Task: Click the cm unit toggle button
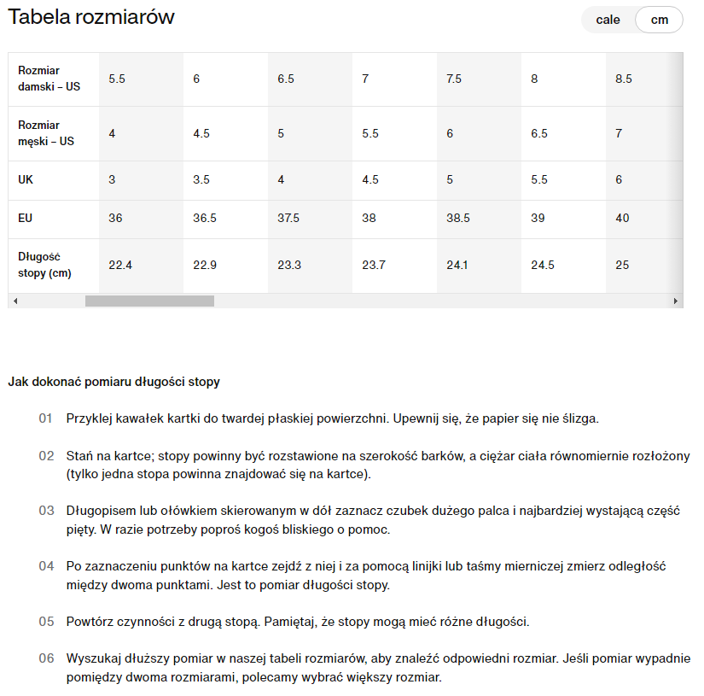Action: tap(659, 20)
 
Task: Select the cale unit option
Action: tap(608, 20)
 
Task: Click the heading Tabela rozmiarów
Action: tap(91, 16)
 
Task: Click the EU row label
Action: tap(26, 218)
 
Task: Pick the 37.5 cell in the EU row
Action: tap(288, 218)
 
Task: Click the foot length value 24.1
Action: tap(458, 265)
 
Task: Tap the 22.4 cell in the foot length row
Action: tap(120, 265)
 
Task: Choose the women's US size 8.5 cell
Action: tap(624, 79)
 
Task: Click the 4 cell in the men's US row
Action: tap(112, 133)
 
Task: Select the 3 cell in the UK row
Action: tap(112, 179)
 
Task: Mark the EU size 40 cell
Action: tap(622, 218)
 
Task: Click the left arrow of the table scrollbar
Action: tap(15, 301)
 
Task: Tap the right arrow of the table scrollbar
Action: tap(676, 301)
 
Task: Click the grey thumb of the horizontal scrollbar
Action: tap(149, 301)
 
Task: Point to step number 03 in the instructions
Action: tap(46, 511)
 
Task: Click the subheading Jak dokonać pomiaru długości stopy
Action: tap(114, 382)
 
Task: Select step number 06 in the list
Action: tap(46, 659)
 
